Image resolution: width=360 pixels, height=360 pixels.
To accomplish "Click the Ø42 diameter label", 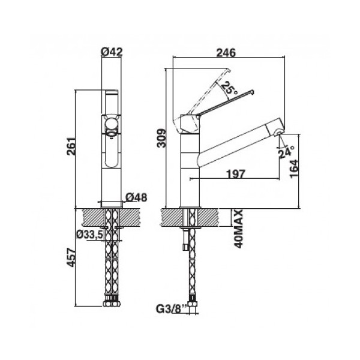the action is click(112, 52).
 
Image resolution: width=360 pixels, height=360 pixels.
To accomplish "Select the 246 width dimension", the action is click(226, 53).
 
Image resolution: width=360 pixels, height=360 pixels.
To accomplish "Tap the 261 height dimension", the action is click(71, 146).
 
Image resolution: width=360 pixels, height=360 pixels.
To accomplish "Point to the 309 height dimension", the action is click(161, 138).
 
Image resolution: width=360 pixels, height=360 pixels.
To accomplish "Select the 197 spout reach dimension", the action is click(236, 174).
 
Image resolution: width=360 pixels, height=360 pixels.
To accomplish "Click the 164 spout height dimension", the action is click(294, 169).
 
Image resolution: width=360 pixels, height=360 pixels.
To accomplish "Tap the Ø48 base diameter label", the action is click(136, 197).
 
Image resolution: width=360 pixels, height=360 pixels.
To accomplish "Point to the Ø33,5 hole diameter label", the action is click(89, 235).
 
